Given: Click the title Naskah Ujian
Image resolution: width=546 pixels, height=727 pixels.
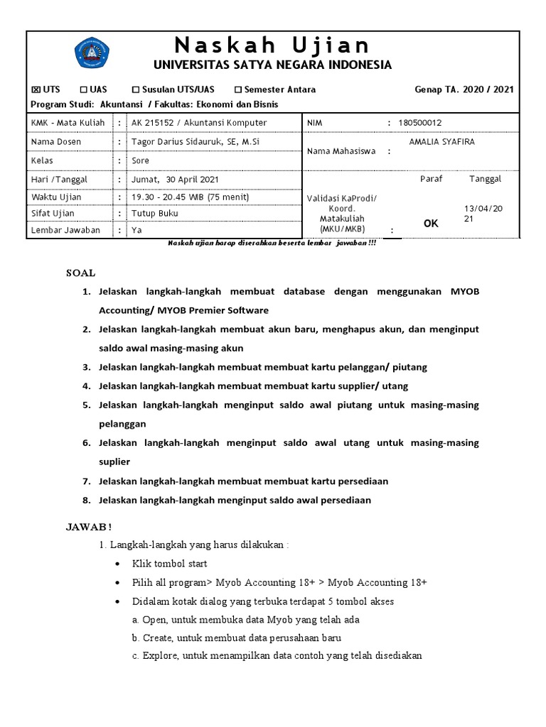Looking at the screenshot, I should [x=273, y=45].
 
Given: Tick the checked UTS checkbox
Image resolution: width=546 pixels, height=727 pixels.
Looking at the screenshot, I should [x=36, y=89].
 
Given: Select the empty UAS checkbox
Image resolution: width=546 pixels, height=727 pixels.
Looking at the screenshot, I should [x=84, y=89].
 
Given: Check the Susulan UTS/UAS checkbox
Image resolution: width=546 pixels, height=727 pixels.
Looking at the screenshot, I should [x=136, y=89].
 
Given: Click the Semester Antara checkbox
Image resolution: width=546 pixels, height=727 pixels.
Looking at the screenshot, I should [x=238, y=89].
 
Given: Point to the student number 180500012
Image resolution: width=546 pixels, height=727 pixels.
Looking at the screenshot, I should [x=419, y=123].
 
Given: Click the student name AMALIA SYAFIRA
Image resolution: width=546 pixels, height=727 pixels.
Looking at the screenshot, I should [x=442, y=141].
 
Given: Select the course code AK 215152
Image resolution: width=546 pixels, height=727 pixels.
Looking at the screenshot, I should [x=155, y=123].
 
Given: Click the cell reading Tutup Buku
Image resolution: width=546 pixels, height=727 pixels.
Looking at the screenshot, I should [x=155, y=213].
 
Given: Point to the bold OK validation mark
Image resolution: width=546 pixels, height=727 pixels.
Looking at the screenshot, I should [x=431, y=224].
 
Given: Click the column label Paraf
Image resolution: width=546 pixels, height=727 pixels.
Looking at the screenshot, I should [x=431, y=179].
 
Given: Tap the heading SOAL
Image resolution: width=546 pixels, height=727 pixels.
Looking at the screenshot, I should [x=80, y=273].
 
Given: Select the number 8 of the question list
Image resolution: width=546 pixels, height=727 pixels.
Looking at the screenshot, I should [x=86, y=501].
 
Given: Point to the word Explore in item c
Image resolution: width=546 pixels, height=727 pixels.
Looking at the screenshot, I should [x=156, y=656].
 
